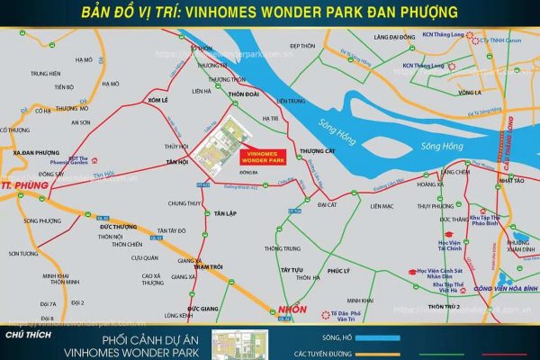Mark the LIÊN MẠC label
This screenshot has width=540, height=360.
tap(382, 206)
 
